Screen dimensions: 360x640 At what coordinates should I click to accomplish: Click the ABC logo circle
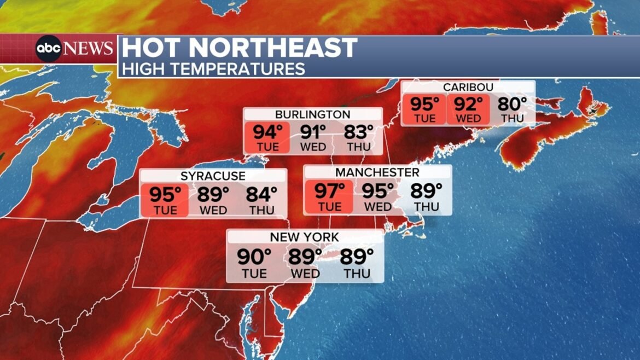[49, 49]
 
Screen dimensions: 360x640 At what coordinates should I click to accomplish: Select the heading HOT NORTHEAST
[240, 48]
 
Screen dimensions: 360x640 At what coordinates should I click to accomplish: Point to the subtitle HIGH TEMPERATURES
[213, 69]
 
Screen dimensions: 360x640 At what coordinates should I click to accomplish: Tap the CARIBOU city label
[468, 88]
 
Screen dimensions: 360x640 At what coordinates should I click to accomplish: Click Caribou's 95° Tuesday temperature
[425, 104]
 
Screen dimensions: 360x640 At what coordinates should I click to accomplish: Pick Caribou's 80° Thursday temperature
[512, 104]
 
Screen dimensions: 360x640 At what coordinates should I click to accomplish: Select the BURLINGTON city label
[312, 114]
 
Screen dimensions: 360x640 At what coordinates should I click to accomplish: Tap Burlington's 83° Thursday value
[358, 132]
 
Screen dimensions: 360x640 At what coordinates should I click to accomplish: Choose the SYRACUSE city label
[213, 176]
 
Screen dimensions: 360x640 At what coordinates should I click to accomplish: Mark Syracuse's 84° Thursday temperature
[261, 194]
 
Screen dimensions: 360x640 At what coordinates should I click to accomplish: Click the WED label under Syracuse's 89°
[213, 211]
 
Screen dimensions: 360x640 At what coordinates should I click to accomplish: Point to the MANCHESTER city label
[377, 172]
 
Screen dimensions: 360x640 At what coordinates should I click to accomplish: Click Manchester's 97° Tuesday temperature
[329, 191]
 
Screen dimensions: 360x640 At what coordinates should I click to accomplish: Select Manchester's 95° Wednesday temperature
[378, 191]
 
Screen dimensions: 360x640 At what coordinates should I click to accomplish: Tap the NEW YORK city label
[304, 237]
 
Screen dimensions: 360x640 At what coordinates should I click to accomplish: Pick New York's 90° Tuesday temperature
[254, 256]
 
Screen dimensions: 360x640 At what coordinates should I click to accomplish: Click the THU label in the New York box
[357, 273]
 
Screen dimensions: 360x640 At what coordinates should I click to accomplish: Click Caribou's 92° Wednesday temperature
[469, 104]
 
